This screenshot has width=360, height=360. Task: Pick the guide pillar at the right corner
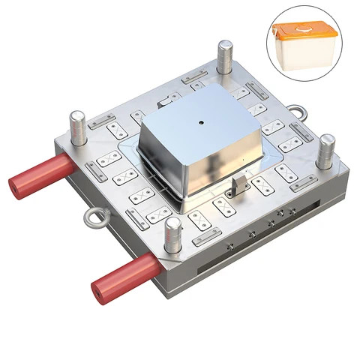tap(325, 151)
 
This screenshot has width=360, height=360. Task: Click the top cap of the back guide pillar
tap(224, 44)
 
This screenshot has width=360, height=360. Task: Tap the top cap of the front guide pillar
tap(173, 222)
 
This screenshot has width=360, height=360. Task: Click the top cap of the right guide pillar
tap(325, 139)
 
